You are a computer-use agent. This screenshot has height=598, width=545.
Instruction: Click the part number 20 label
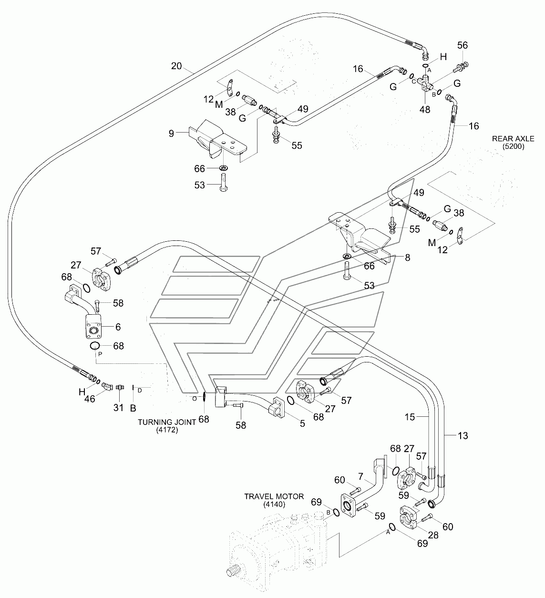click(x=176, y=66)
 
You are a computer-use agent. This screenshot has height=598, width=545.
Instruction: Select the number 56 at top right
click(x=463, y=45)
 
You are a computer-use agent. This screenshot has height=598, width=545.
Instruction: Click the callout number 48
click(x=424, y=109)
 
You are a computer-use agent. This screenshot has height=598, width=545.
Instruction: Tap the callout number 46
click(x=90, y=399)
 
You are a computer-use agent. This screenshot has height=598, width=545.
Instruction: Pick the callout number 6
click(x=118, y=327)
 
